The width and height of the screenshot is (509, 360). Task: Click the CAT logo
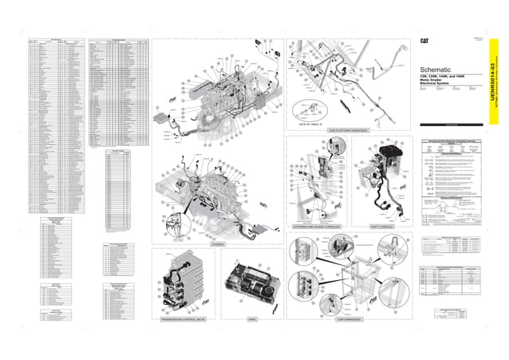click(426, 41)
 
